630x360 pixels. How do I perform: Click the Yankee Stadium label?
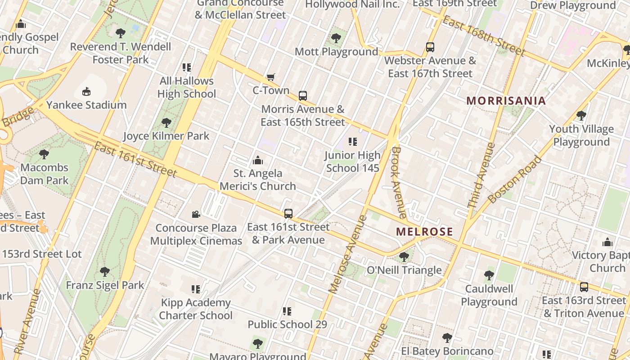click(x=86, y=105)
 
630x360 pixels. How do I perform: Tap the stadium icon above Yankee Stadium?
click(x=86, y=92)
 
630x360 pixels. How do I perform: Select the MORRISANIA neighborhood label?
click(x=506, y=100)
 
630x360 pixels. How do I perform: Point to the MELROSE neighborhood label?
click(x=424, y=232)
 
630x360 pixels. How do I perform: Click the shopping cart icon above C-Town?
click(x=270, y=77)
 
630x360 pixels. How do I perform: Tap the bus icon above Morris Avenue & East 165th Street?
click(x=303, y=96)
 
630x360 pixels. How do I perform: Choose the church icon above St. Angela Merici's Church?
click(x=258, y=160)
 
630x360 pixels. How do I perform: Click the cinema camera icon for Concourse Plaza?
click(x=196, y=215)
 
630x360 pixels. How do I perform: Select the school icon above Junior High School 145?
click(x=353, y=142)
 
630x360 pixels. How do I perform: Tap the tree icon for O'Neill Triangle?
click(x=404, y=257)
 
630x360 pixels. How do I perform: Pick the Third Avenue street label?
click(x=481, y=175)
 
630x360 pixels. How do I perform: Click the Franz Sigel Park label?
click(x=105, y=285)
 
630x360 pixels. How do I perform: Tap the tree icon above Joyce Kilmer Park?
click(x=166, y=122)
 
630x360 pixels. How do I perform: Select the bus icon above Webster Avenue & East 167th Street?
click(x=430, y=47)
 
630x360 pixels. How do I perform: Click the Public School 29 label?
click(x=287, y=324)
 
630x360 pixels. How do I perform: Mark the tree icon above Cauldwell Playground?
click(x=489, y=275)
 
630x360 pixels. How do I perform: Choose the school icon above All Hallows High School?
click(x=187, y=67)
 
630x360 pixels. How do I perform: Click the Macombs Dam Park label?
click(x=44, y=174)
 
